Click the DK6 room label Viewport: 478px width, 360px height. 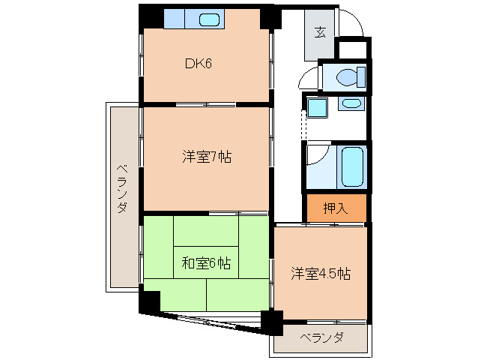click(x=198, y=64)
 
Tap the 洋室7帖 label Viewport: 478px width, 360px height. click(x=207, y=157)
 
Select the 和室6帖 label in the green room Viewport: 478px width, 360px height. click(x=206, y=263)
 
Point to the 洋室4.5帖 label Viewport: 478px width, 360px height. click(x=321, y=273)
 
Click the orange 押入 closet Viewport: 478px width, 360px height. click(x=336, y=208)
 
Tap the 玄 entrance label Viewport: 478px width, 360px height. click(x=320, y=31)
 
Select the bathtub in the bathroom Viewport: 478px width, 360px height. click(x=352, y=166)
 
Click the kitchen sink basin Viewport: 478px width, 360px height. click(x=209, y=19)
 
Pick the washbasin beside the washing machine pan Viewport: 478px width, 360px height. click(x=351, y=103)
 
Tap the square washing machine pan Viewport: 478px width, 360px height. click(x=317, y=107)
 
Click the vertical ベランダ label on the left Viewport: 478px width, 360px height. click(x=122, y=188)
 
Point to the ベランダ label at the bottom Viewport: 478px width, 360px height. click(x=322, y=337)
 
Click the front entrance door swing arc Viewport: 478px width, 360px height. click(x=356, y=18)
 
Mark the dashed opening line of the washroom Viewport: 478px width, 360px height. click(x=303, y=124)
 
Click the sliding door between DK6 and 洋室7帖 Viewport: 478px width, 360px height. click(x=206, y=105)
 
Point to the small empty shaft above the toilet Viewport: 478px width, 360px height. click(x=353, y=49)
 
